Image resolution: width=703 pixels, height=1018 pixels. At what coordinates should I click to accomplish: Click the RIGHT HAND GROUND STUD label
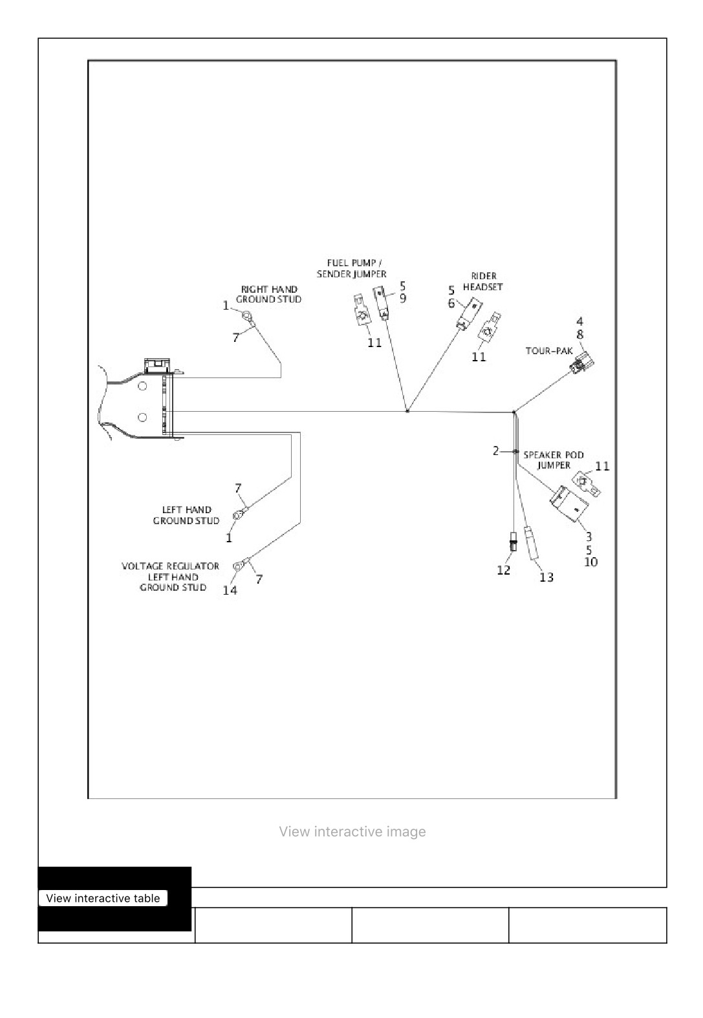click(268, 294)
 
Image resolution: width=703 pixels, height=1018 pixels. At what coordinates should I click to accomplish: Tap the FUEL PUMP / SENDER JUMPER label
click(352, 268)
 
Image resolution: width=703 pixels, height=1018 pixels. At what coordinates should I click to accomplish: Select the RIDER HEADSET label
click(483, 281)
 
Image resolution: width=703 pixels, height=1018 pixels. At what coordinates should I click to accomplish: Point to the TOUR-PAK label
click(549, 351)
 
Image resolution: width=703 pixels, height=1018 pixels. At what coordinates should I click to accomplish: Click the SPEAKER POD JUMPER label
click(554, 460)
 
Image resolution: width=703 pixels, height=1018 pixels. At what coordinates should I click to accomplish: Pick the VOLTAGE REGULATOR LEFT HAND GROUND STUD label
click(171, 577)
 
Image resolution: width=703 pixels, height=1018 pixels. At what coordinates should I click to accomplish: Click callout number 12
click(503, 570)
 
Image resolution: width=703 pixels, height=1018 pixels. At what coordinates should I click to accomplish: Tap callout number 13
click(546, 577)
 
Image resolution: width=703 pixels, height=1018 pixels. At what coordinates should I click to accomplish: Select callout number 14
click(230, 590)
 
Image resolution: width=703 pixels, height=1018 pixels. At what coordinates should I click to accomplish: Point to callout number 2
click(495, 451)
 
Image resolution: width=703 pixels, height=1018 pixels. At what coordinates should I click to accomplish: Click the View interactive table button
click(103, 898)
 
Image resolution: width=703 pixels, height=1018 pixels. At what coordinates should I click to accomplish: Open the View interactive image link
click(352, 831)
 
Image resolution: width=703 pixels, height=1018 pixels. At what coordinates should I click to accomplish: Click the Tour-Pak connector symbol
click(581, 363)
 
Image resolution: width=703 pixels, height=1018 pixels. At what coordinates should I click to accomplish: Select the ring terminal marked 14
click(237, 566)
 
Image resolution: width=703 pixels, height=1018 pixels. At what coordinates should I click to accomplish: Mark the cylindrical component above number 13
click(531, 543)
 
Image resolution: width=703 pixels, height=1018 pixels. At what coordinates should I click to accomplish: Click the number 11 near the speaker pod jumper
click(602, 466)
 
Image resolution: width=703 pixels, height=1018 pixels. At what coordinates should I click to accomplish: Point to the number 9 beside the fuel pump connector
click(403, 298)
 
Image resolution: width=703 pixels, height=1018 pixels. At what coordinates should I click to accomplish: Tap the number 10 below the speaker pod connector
click(590, 562)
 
